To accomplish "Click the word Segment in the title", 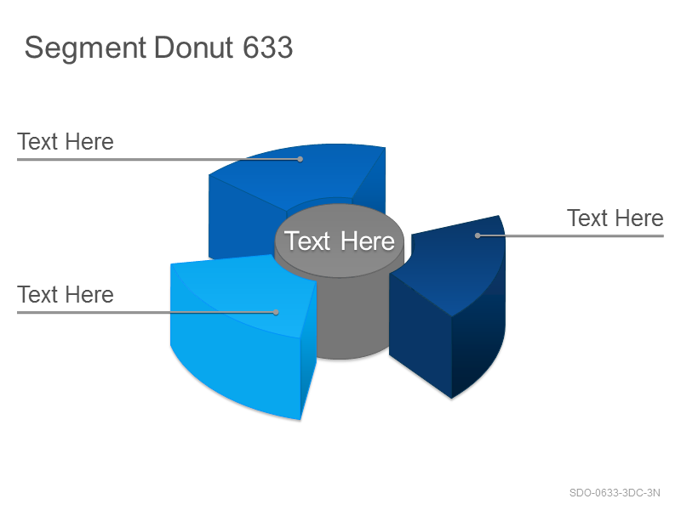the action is (85, 48).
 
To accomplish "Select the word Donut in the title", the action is (194, 48).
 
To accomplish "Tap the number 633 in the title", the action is (267, 48).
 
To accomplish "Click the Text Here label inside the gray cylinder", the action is (339, 241).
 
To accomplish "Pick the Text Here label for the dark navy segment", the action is (615, 218).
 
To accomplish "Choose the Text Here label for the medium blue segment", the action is (66, 141).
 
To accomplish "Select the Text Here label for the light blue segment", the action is (66, 294).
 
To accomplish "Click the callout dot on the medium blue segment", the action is (300, 159).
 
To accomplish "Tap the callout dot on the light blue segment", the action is (276, 312).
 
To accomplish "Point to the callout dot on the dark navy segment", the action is (478, 235).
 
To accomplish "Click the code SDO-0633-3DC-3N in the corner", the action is (615, 493).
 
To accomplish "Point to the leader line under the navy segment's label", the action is (570, 236).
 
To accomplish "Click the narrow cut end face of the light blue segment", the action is (308, 347).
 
